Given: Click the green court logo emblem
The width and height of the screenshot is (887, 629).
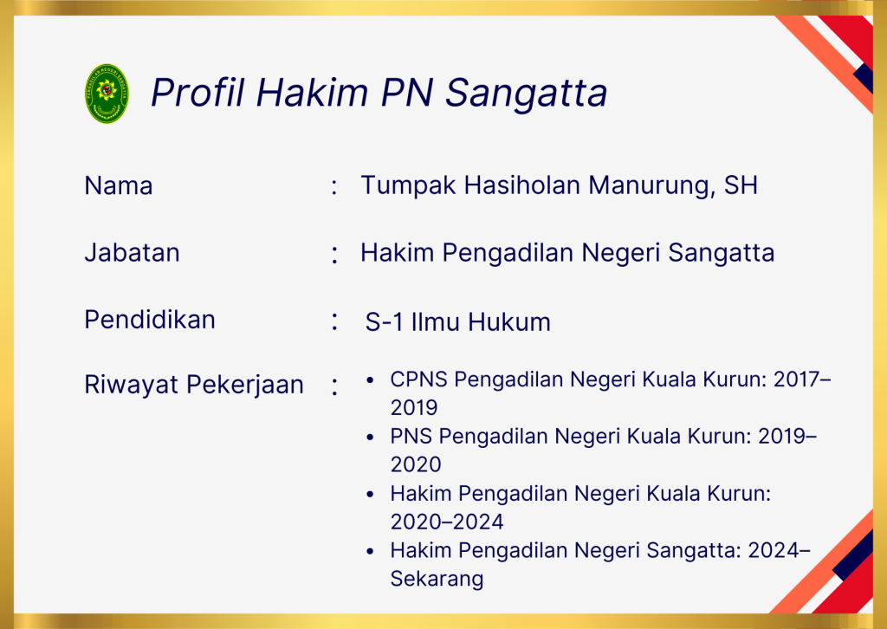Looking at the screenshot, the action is tap(107, 94).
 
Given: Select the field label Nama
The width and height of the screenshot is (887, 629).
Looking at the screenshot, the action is tap(118, 185).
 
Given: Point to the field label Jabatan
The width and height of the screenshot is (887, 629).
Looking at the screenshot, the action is tap(132, 252).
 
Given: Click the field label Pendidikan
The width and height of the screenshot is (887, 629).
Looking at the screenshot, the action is tap(150, 320).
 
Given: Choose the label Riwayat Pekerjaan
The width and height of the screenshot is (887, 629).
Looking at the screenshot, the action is tap(194, 386).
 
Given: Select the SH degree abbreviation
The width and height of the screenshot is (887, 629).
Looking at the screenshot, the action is tap(741, 185).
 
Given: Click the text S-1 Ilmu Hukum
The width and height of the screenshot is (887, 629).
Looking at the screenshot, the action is tap(457, 321).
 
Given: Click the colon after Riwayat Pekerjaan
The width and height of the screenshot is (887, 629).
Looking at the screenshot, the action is tap(335, 387).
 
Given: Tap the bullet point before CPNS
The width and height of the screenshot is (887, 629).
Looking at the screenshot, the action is tap(370, 380).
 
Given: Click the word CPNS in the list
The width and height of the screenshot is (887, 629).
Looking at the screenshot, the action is tap(419, 379).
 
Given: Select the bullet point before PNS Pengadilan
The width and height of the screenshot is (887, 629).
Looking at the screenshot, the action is tap(370, 438).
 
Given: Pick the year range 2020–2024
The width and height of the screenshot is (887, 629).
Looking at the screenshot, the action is tap(447, 522).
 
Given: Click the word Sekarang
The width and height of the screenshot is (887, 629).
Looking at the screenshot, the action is tap(437, 580).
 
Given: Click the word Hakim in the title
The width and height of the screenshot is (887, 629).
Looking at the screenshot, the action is tap(313, 92).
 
